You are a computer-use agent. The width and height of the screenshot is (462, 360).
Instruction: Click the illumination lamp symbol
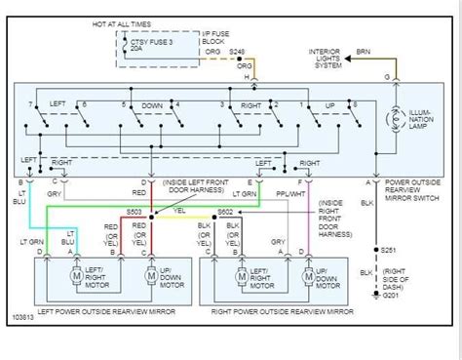click(x=395, y=119)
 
